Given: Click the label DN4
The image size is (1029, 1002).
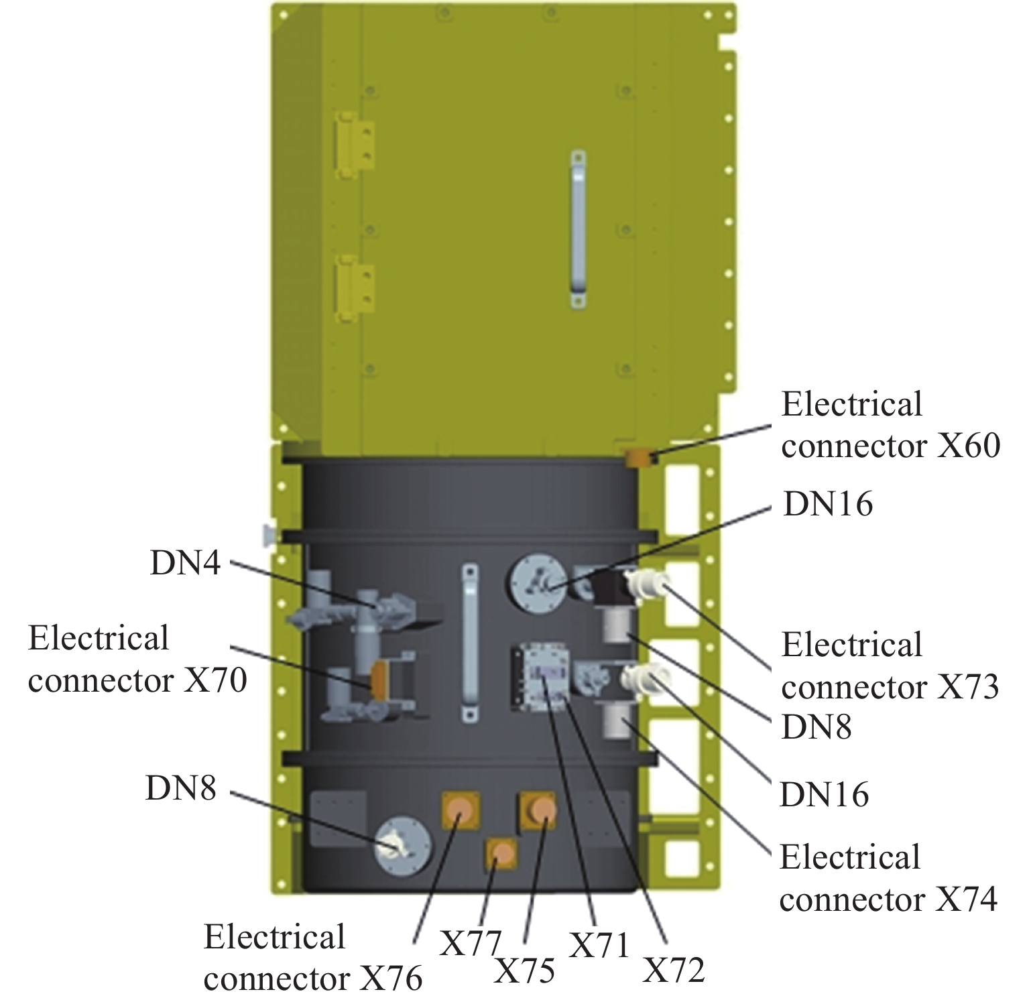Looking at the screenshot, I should [185, 563].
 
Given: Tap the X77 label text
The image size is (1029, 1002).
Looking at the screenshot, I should [470, 944].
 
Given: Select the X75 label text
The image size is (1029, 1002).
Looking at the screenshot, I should [524, 970].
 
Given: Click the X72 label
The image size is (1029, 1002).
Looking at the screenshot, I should [674, 970].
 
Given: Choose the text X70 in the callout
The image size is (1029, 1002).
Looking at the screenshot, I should [215, 680].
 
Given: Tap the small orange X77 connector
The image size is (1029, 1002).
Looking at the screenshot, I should [502, 854].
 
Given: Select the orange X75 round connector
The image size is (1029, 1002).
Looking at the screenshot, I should [540, 810].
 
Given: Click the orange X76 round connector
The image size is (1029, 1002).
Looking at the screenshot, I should [460, 810].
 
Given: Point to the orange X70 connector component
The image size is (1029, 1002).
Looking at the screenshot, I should [378, 680].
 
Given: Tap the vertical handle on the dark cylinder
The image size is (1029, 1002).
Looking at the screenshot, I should [470, 642].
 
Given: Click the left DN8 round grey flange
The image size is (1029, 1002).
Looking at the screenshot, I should [402, 845].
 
